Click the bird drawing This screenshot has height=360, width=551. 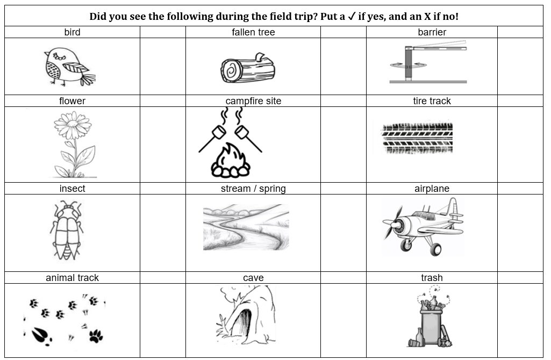tap(69, 67)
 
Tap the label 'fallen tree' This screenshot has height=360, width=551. tap(253, 32)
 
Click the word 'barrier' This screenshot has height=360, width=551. tap(432, 32)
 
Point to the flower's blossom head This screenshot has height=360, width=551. tap(73, 125)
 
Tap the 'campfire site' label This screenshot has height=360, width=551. tap(253, 101)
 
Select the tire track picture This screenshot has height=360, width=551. tap(417, 138)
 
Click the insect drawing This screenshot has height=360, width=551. tap(67, 231)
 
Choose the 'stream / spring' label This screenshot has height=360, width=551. tap(253, 189)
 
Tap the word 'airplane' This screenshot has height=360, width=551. tap(432, 189)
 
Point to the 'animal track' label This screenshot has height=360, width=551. tap(72, 278)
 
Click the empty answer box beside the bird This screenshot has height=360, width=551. tap(163, 67)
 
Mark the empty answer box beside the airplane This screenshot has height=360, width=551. tap(520, 233)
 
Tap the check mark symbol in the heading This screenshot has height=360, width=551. tap(352, 16)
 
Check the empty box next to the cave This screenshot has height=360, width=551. tap(344, 320)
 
